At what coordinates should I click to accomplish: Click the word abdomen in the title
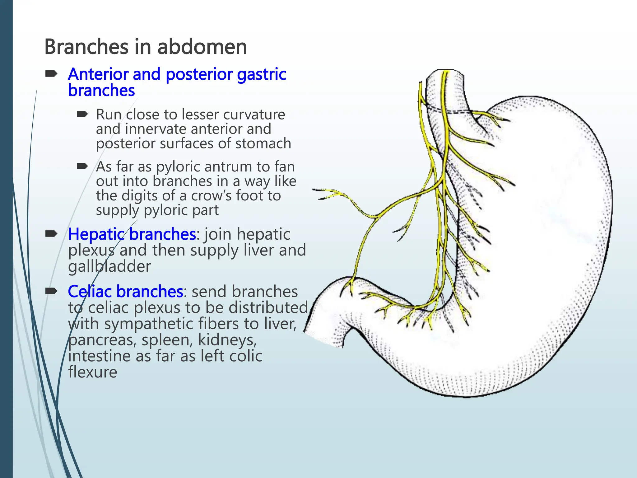coord(202,47)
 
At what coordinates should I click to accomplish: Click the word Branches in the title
coord(86,47)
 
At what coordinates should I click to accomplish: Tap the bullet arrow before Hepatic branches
coord(51,234)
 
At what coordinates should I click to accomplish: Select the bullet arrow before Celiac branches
coord(51,291)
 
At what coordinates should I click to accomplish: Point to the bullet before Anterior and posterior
coord(51,74)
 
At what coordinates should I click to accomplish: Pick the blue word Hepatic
coord(97,234)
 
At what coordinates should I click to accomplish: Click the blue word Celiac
coord(91,292)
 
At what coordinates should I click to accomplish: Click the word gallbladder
coord(109,267)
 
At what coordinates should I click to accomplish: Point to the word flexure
coord(93,372)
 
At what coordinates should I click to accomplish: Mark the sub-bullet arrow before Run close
coord(83,114)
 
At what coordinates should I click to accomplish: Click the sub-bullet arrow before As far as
coord(83,166)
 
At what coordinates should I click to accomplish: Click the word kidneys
coord(227,340)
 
